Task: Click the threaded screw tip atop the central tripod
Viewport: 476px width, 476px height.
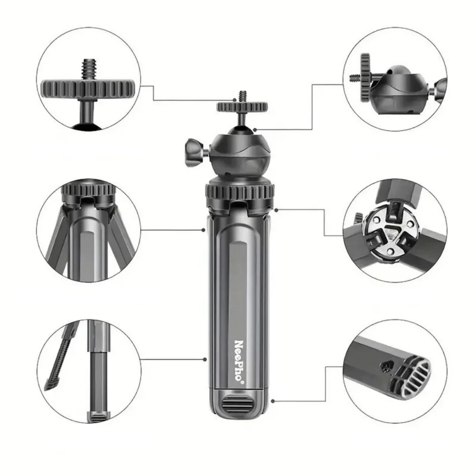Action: pyautogui.click(x=242, y=97)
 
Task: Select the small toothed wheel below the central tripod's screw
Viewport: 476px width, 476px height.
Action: pyautogui.click(x=242, y=107)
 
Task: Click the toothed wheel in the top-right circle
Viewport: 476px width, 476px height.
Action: pyautogui.click(x=365, y=78)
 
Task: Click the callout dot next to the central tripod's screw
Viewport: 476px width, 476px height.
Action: pyautogui.click(x=234, y=100)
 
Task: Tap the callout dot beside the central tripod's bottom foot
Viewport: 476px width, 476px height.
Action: pyautogui.click(x=273, y=401)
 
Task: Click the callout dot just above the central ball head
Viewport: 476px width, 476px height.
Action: pyautogui.click(x=255, y=130)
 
